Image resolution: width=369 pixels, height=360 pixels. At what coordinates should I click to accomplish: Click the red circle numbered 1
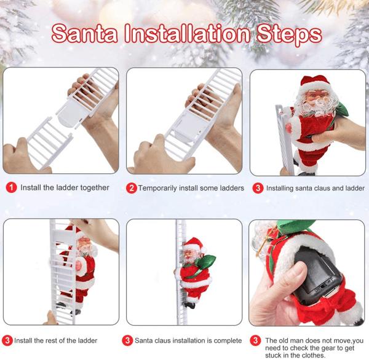point(10,187)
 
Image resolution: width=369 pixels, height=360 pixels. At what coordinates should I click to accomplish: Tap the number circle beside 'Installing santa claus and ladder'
point(258,188)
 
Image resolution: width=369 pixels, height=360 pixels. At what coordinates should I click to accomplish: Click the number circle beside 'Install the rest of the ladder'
point(7,340)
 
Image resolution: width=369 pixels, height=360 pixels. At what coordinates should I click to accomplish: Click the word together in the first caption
point(93,187)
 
